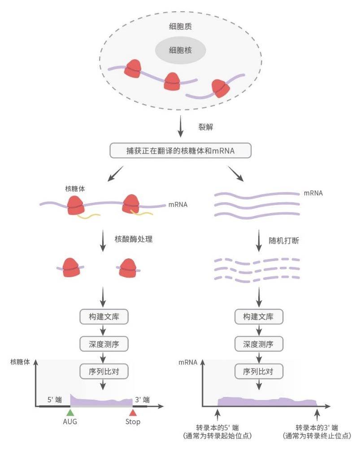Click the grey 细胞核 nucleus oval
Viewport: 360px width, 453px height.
click(x=180, y=50)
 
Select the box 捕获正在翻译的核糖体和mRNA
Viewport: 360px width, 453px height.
click(x=180, y=151)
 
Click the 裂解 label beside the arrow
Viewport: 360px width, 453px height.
click(x=205, y=127)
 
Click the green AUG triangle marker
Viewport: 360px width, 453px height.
click(x=69, y=412)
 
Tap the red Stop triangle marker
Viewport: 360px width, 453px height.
click(x=133, y=412)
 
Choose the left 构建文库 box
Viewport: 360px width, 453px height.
click(x=104, y=317)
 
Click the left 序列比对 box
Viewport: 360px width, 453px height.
click(x=104, y=371)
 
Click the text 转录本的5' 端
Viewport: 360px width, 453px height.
click(x=217, y=427)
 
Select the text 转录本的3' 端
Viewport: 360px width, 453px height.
click(x=317, y=427)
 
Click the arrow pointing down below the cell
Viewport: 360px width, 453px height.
click(x=180, y=127)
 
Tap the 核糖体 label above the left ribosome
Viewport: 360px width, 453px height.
click(x=74, y=188)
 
